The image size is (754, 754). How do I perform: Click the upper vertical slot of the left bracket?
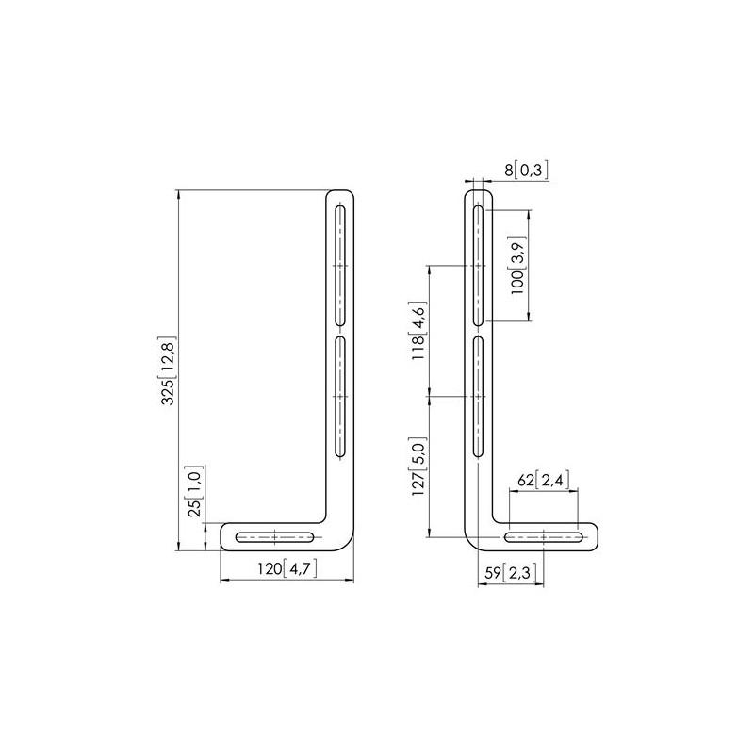[x=340, y=266]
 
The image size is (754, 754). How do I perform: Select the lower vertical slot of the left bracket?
[x=340, y=397]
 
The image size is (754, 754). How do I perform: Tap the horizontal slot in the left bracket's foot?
[x=274, y=536]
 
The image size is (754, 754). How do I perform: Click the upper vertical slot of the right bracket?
[x=478, y=266]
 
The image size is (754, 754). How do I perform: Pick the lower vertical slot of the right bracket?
[x=478, y=397]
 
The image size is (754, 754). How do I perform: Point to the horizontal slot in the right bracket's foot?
[x=544, y=537]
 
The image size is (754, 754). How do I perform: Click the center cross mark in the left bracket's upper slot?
[x=340, y=266]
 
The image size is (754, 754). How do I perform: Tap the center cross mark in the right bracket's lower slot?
[x=478, y=397]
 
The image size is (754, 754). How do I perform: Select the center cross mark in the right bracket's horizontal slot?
[x=544, y=537]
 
